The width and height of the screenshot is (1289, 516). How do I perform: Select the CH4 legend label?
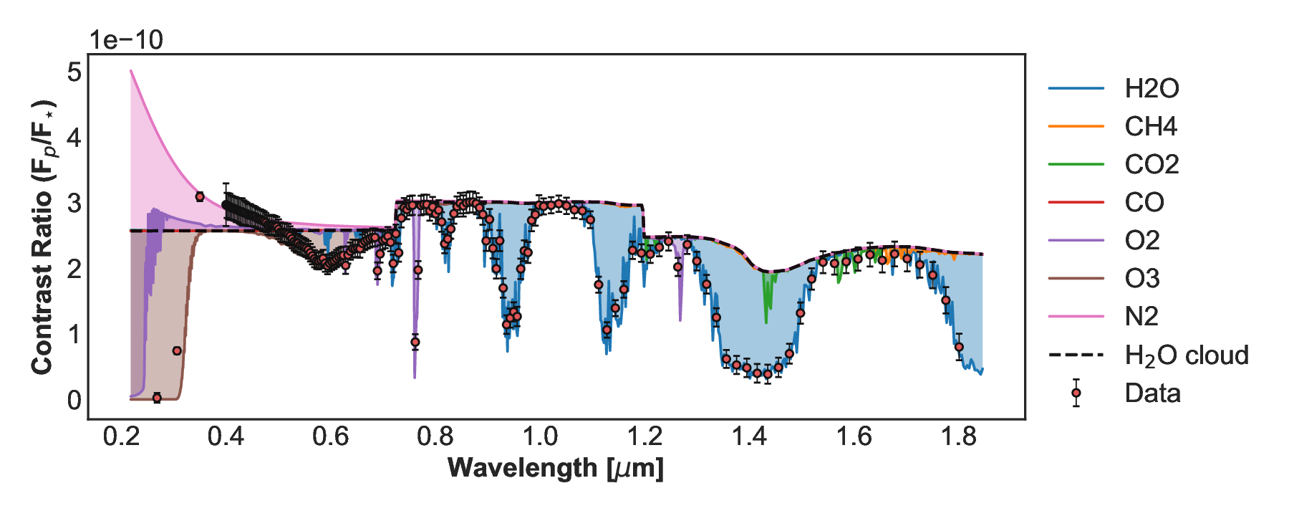(1150, 126)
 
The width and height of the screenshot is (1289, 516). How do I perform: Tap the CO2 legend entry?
(1151, 164)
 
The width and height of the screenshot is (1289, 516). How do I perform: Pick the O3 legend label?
(1141, 278)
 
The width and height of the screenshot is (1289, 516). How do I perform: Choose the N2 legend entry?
(1141, 316)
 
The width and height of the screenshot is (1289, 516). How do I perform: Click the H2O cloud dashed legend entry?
(1186, 355)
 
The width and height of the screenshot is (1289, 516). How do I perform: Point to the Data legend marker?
(1076, 393)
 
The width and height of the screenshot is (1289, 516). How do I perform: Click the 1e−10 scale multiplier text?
(126, 40)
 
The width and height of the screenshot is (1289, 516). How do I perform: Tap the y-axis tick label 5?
(74, 72)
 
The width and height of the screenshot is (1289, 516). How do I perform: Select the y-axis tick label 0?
(74, 400)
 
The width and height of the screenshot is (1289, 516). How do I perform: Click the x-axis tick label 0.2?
(121, 436)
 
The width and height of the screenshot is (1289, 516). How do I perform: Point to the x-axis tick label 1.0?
(540, 436)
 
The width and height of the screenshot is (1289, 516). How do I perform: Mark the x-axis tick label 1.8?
(959, 436)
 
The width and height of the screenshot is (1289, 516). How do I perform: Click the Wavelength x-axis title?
(556, 468)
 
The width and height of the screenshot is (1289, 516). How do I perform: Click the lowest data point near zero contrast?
(158, 398)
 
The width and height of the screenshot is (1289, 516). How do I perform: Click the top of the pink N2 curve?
(131, 71)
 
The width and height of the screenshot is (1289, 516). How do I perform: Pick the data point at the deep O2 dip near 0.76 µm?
(415, 343)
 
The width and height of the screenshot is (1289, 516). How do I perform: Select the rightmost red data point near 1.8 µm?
(959, 348)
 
